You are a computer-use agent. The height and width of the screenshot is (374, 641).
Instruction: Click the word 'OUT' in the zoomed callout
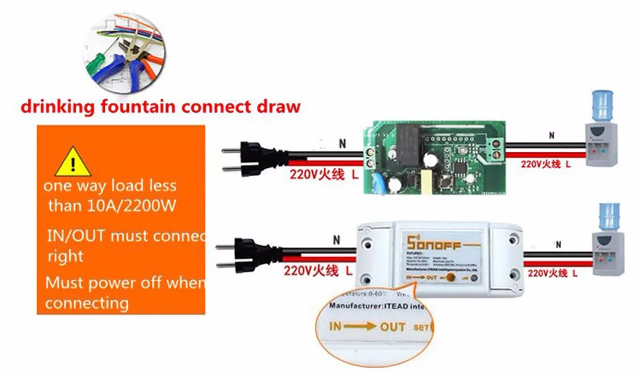coord(392,327)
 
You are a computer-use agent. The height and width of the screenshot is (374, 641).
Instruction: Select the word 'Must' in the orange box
coord(62,282)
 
